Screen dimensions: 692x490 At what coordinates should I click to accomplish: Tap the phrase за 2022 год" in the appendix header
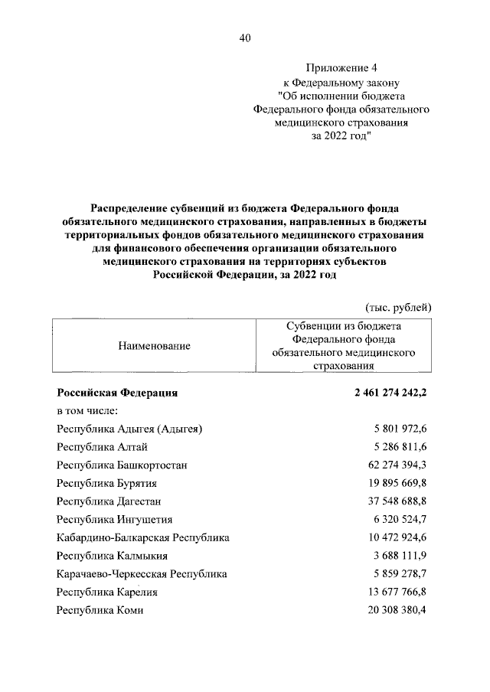click(x=341, y=136)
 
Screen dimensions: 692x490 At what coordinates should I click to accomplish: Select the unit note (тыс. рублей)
click(x=399, y=306)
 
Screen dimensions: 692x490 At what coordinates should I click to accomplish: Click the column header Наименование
click(x=154, y=346)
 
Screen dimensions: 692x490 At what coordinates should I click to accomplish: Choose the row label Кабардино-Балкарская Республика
click(x=143, y=537)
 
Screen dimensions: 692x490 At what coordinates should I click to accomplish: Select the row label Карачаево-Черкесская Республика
click(x=142, y=573)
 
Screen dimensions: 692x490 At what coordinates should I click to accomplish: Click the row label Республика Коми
click(x=100, y=610)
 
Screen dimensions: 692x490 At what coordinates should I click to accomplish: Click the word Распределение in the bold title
click(x=129, y=207)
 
